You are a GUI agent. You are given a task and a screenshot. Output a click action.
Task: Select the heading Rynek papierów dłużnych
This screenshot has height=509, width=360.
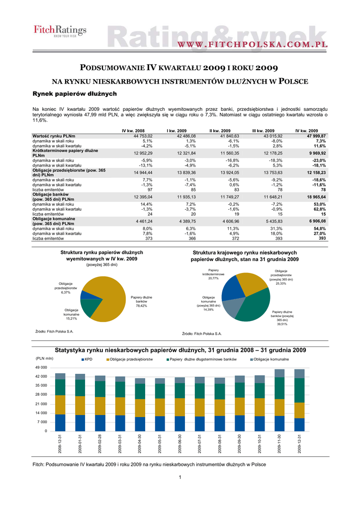pyautogui.click(x=74, y=93)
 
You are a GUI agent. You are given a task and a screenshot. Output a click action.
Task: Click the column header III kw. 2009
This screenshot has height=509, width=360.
pyautogui.click(x=264, y=130)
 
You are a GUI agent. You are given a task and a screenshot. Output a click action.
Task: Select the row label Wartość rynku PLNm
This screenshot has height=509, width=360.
pyautogui.click(x=54, y=136)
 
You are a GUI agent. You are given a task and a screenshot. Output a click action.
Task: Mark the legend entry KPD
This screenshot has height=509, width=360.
pyautogui.click(x=88, y=359)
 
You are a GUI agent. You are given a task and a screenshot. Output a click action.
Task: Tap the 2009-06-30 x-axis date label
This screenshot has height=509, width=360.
pyautogui.click(x=180, y=443)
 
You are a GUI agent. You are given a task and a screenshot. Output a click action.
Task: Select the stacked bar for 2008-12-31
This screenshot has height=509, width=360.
pyautogui.click(x=60, y=402)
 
